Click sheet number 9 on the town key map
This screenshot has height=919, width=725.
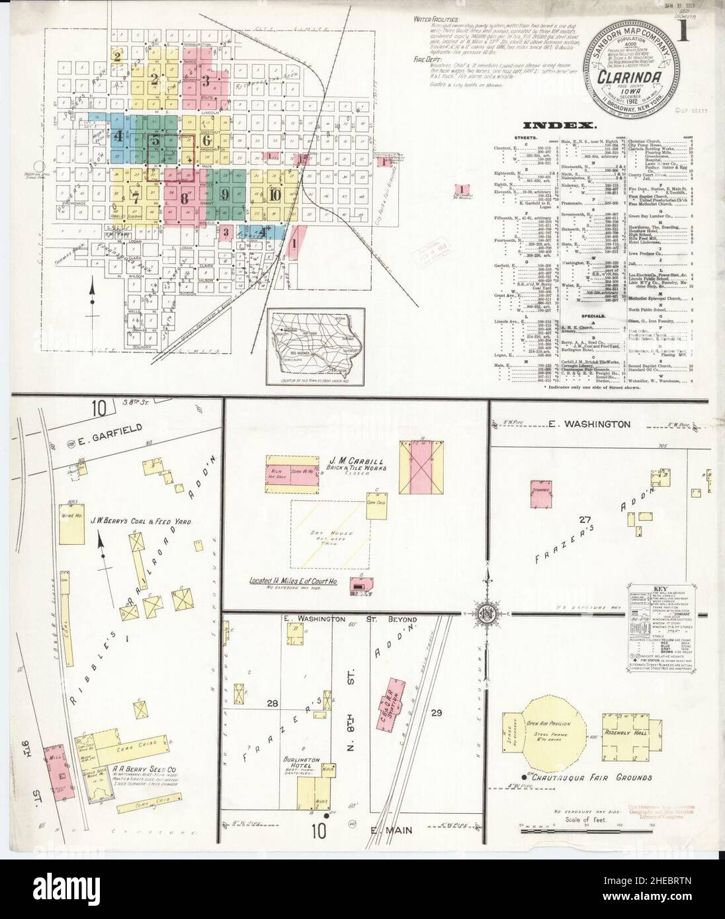[225, 194]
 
